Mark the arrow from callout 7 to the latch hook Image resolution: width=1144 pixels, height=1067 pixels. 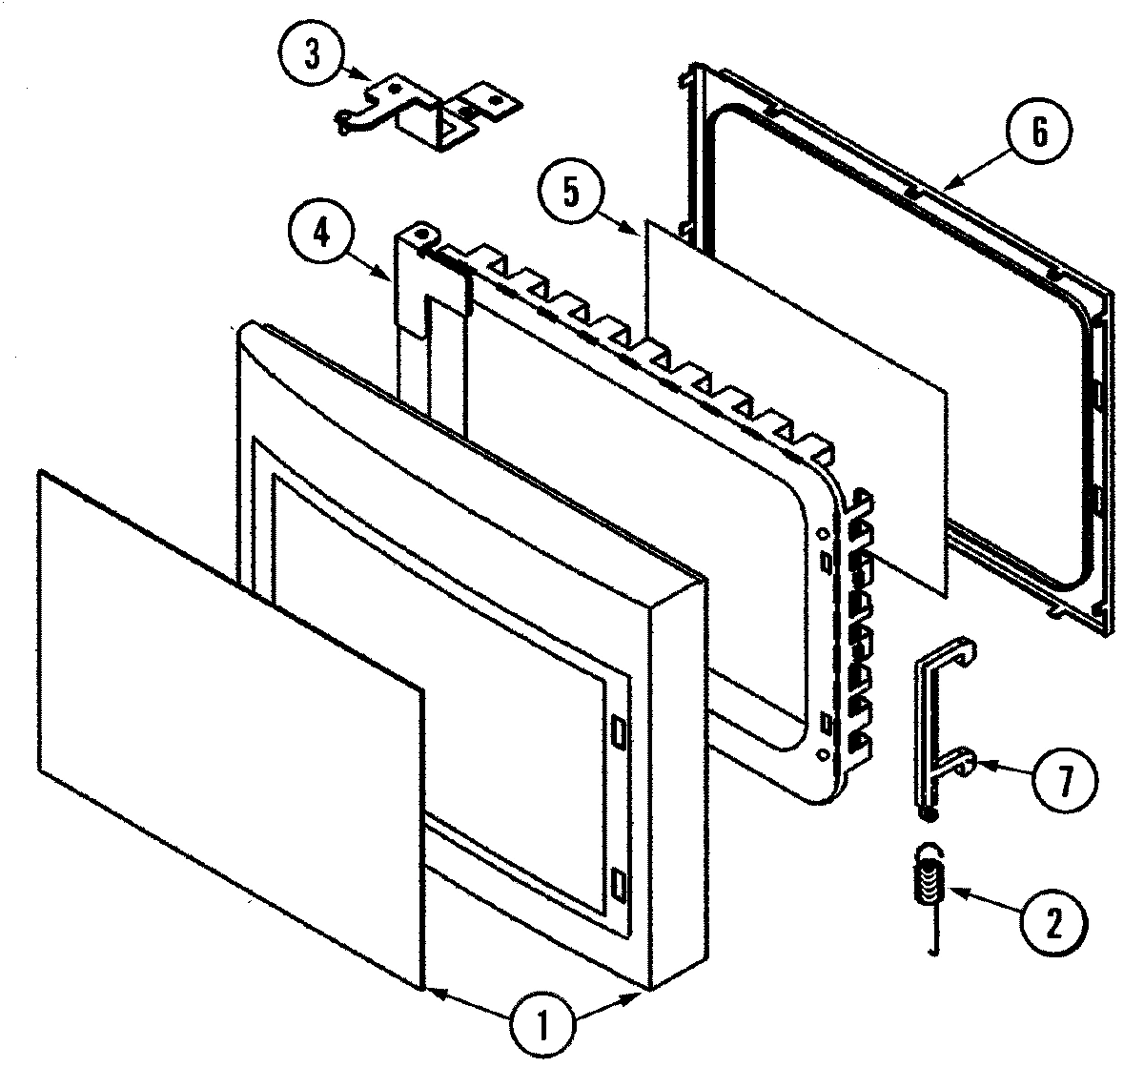click(x=1001, y=769)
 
